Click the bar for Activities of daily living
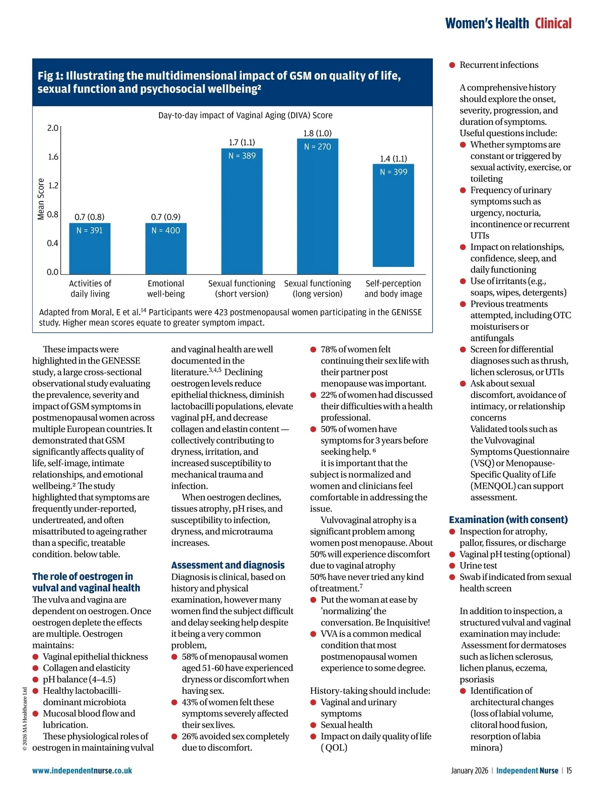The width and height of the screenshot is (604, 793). click(x=90, y=249)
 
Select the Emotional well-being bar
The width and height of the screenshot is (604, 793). click(x=166, y=249)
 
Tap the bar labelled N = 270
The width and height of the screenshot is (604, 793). click(x=317, y=206)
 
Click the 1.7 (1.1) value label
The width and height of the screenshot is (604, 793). click(x=242, y=142)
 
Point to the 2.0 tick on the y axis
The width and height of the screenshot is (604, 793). click(x=53, y=128)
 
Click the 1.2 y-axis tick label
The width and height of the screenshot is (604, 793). click(x=53, y=185)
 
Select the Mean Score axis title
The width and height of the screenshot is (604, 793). click(x=41, y=199)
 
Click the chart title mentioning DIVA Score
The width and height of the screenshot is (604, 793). click(x=245, y=115)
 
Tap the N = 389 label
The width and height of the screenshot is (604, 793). click(x=242, y=156)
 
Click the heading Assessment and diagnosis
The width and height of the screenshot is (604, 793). click(x=228, y=565)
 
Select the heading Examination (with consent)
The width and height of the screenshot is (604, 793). click(x=508, y=520)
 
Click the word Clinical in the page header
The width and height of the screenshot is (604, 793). click(x=553, y=24)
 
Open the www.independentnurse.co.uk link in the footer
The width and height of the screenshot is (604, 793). click(x=82, y=770)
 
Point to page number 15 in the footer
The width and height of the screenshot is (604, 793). click(x=569, y=770)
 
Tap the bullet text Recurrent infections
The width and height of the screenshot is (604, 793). click(x=498, y=65)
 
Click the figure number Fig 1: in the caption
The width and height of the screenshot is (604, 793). click(x=50, y=76)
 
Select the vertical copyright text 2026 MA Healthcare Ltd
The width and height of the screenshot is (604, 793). click(x=25, y=718)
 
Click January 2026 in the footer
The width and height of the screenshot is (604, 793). click(x=469, y=770)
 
